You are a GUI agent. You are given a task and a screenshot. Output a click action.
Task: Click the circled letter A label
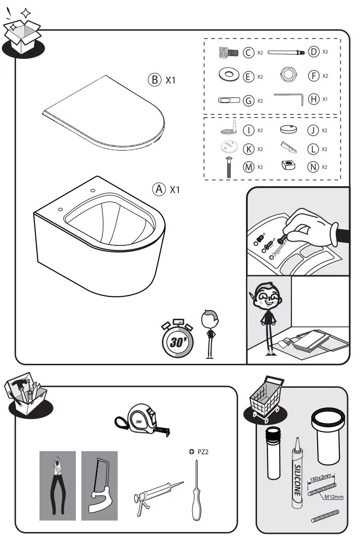[x=159, y=189]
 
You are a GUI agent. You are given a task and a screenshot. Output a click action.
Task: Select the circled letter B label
[x=154, y=80]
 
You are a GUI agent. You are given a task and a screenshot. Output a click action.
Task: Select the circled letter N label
[x=314, y=167]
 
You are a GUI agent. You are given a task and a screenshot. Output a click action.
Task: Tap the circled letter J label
[x=314, y=130]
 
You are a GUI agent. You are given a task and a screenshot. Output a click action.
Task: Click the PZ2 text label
[x=203, y=453]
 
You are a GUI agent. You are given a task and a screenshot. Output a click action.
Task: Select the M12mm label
[x=334, y=497]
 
